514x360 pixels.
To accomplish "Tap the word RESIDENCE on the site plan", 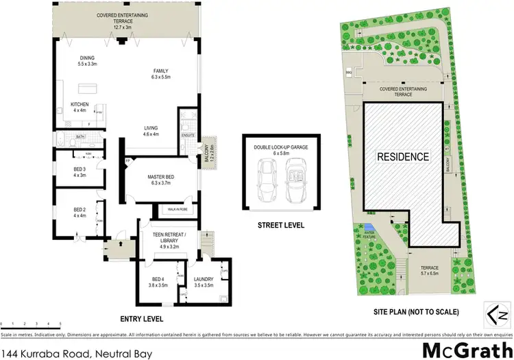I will click(x=404, y=156).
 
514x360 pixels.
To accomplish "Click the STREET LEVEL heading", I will click(x=281, y=226).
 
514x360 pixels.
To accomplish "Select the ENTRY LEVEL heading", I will click(x=140, y=320).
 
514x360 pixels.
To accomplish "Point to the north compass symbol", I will click(x=495, y=312).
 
